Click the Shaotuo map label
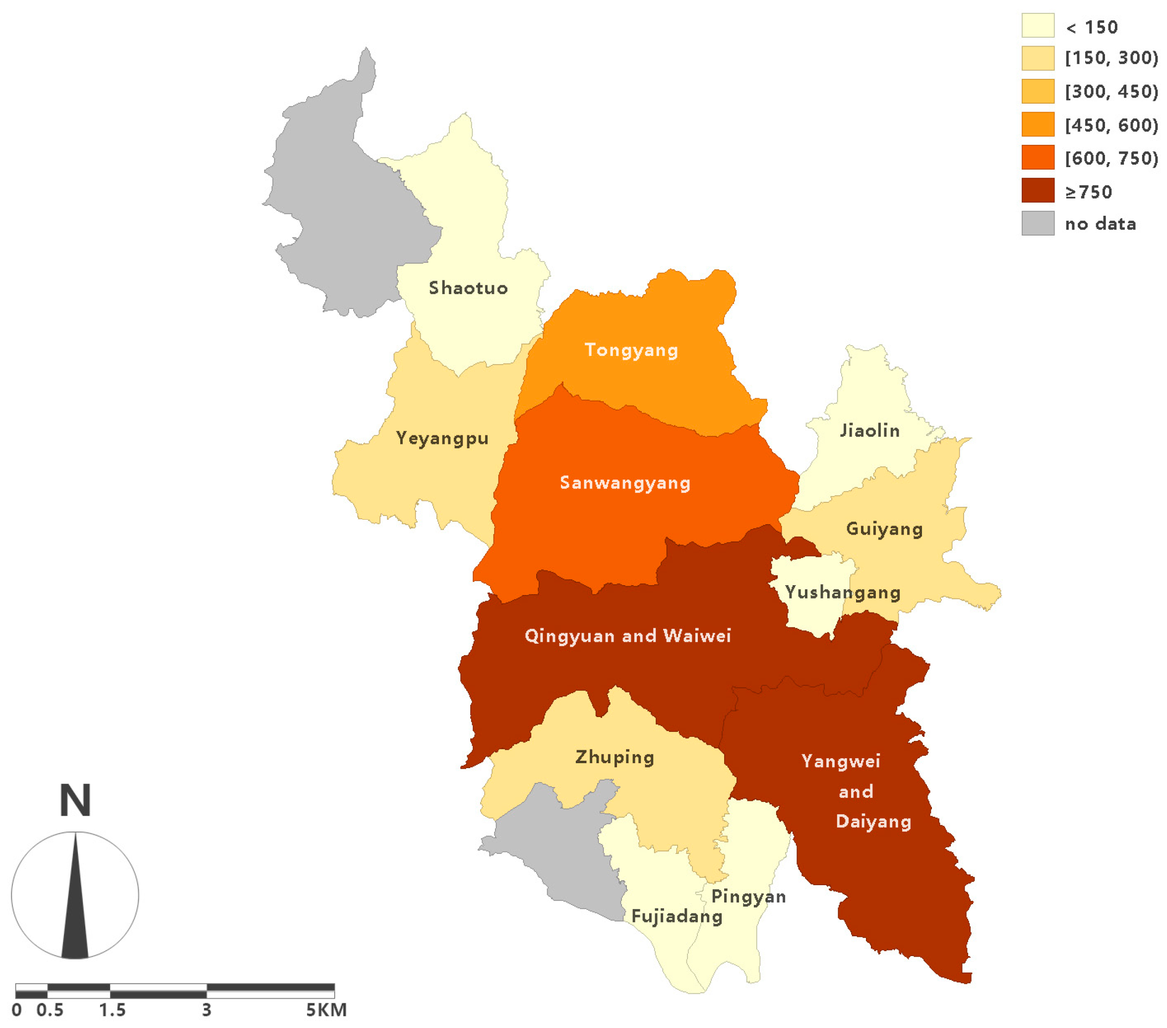(468, 288)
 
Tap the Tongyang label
(631, 350)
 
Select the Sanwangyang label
(625, 483)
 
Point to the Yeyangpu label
(442, 438)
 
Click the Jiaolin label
(869, 430)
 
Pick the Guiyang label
(884, 529)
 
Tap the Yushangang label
(843, 592)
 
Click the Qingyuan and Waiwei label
(627, 635)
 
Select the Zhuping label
(614, 757)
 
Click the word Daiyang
(873, 821)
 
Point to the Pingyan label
(748, 896)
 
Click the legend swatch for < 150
(1038, 26)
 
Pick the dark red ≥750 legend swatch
(1038, 190)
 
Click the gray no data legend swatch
(1038, 223)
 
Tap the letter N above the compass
(75, 800)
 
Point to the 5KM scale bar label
(326, 1010)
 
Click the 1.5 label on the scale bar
(112, 1010)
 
